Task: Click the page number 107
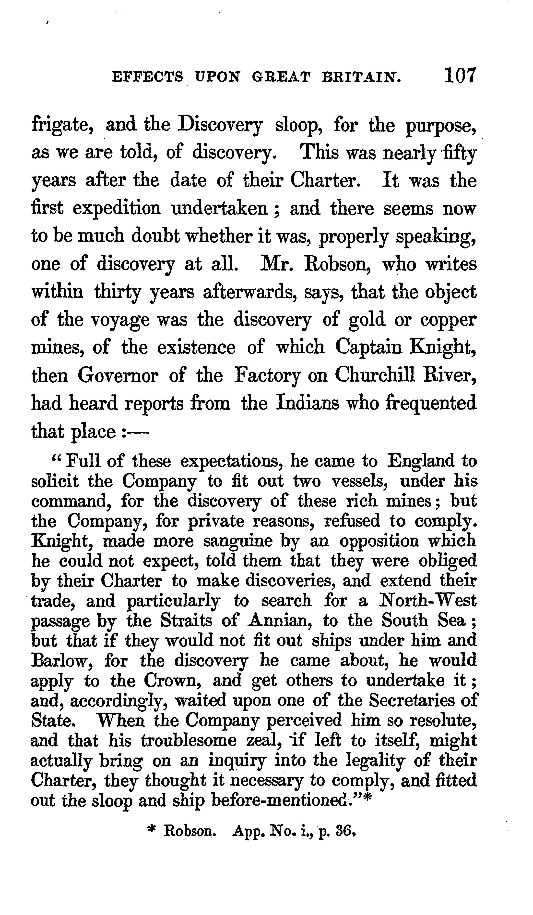[x=460, y=76]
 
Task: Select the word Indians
[x=308, y=403]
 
